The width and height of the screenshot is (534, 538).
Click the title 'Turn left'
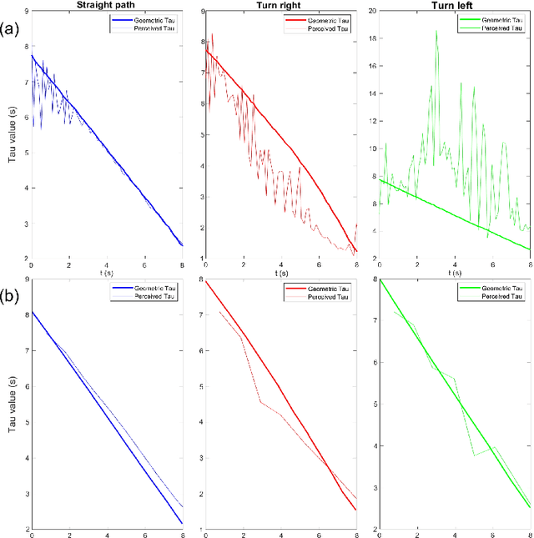point(454,6)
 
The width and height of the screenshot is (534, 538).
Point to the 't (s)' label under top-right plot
point(455,271)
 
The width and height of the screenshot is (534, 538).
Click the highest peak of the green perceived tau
point(436,31)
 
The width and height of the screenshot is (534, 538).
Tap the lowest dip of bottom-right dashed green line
point(474,455)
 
